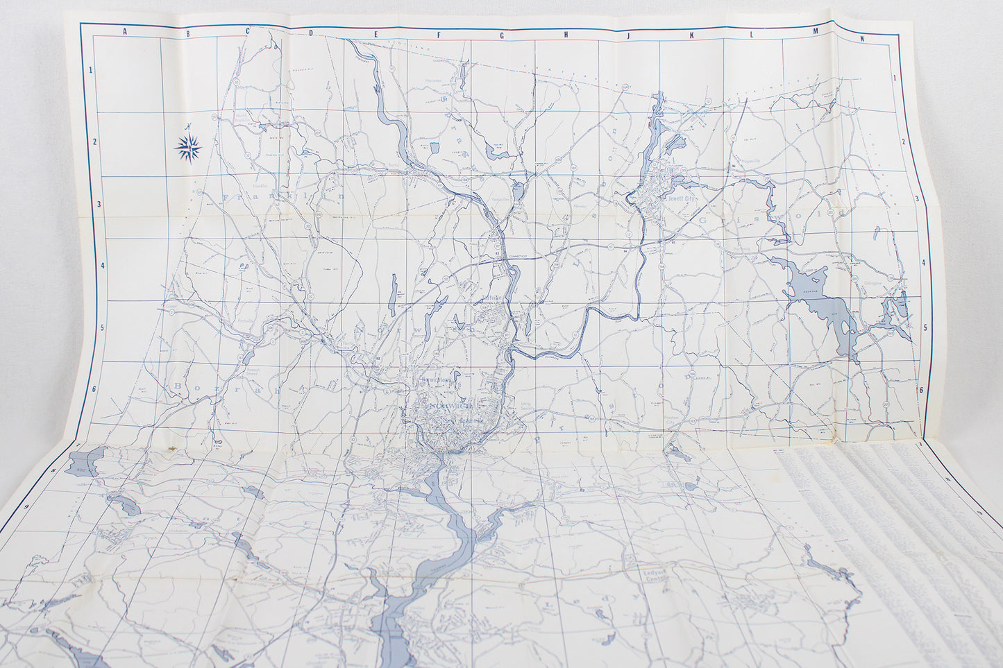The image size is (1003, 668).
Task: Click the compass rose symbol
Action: (188, 146)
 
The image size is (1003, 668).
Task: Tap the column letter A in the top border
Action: (125, 32)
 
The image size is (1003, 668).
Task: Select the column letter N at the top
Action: (861, 39)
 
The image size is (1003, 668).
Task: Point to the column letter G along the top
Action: (503, 33)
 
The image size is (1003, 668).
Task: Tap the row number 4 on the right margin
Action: (922, 264)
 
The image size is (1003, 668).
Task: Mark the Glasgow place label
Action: (873, 284)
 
